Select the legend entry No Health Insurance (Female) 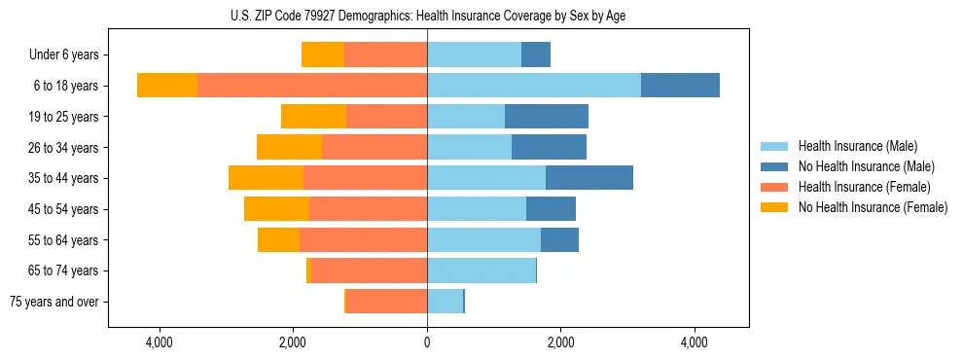[873, 207]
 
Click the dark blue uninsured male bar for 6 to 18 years [680, 86]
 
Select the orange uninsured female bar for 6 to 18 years [167, 86]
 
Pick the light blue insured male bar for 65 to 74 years [481, 270]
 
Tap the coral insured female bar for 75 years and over [386, 302]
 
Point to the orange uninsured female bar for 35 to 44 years [266, 178]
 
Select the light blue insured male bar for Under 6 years [474, 55]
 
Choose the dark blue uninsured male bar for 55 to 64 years [559, 239]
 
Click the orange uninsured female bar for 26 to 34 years [289, 147]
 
